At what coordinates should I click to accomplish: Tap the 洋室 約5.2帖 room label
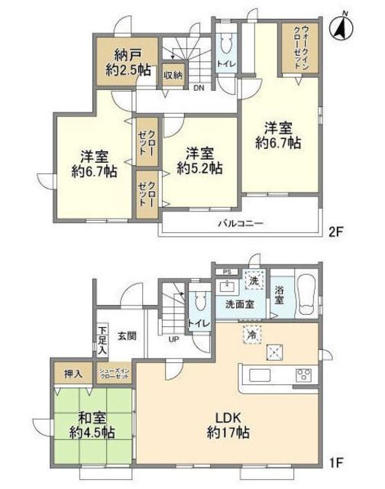pyautogui.click(x=200, y=157)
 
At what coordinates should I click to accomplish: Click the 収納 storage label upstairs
pyautogui.click(x=172, y=75)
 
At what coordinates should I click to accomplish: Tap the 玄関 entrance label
pyautogui.click(x=126, y=335)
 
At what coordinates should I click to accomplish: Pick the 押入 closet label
pyautogui.click(x=72, y=374)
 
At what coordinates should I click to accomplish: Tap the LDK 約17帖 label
pyautogui.click(x=226, y=423)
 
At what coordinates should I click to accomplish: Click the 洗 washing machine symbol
pyautogui.click(x=253, y=280)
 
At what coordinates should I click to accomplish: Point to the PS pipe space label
pyautogui.click(x=225, y=272)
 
